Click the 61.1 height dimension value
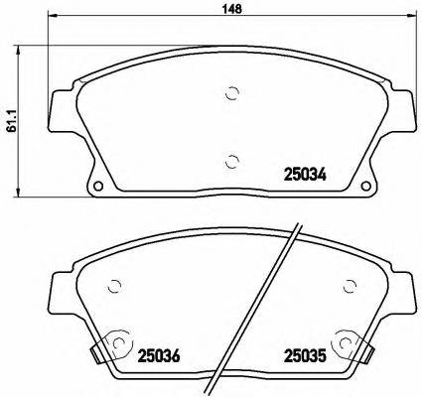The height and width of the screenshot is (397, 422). (x=10, y=120)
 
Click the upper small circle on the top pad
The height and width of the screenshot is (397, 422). (x=232, y=95)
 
